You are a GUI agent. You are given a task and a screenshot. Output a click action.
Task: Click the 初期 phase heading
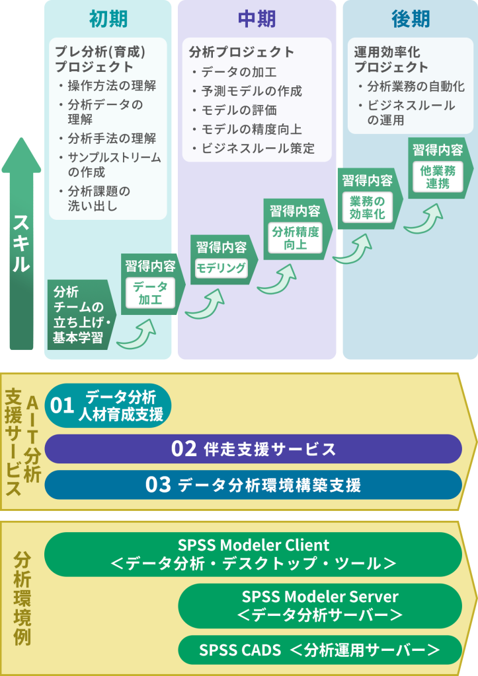[108, 20]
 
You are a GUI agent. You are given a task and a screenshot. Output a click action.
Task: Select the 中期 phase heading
[257, 20]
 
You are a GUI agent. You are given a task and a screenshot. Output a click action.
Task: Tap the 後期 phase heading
[410, 20]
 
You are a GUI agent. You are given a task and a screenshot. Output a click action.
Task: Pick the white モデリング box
[221, 268]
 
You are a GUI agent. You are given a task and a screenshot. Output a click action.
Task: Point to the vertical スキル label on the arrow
[21, 244]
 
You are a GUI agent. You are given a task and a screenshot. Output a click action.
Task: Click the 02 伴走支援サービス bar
[253, 449]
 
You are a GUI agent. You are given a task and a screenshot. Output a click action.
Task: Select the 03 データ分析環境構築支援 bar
[253, 485]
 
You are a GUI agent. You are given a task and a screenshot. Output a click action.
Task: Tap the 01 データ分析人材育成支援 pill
[108, 405]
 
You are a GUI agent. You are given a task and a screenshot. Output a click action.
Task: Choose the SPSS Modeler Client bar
[253, 555]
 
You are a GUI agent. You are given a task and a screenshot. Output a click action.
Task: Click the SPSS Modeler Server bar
[320, 605]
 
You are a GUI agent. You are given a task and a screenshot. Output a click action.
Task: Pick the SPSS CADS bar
[320, 650]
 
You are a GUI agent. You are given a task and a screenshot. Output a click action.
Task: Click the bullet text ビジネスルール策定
[257, 149]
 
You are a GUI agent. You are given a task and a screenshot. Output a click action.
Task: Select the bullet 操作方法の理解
[111, 86]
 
